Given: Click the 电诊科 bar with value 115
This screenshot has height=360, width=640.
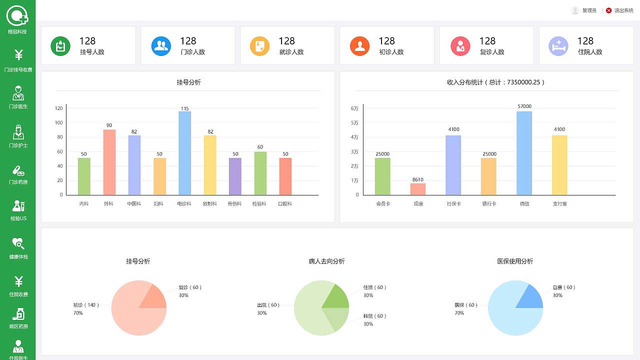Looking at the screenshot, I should coord(184,153).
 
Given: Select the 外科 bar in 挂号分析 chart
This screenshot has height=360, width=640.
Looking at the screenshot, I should coord(109,162).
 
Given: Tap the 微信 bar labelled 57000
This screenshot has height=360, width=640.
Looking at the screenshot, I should coord(524,153).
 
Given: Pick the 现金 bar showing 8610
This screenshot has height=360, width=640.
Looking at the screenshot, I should coord(418,189).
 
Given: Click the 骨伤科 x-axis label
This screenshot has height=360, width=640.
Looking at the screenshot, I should coord(234,204).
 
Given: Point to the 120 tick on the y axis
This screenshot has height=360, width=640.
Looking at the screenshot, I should coord(59,108).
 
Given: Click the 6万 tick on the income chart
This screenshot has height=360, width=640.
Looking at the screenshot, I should coord(354,108).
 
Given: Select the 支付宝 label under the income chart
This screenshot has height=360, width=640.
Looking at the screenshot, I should coord(559,204).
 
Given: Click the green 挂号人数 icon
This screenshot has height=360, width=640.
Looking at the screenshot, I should coord(60,46).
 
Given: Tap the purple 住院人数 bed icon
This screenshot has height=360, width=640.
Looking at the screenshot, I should coord(558,46).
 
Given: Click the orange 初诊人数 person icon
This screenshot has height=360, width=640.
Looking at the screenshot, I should coord(359,46).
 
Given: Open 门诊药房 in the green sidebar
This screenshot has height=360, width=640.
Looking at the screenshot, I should coord(18,174).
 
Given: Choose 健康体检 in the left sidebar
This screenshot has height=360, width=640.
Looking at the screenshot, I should coord(18,248).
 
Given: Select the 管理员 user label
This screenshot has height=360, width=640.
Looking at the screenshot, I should coord(589,10).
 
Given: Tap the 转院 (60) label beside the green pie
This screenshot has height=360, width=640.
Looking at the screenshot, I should coord(374,316).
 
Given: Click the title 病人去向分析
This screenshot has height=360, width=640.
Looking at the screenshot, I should coord(326,261).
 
